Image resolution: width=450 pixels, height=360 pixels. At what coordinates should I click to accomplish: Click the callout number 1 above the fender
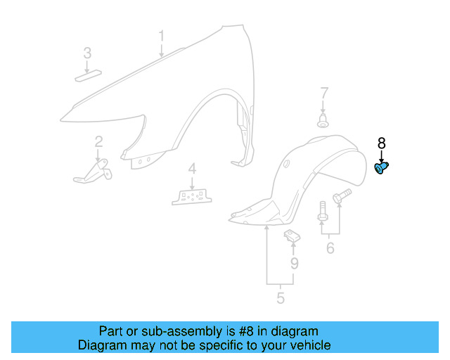[x=162, y=36]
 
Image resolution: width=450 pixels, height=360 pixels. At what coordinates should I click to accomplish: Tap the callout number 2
[x=98, y=142]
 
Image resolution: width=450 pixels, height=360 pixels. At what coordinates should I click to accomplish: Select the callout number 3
[x=87, y=53]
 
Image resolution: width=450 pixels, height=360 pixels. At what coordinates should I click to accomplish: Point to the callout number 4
[x=192, y=169]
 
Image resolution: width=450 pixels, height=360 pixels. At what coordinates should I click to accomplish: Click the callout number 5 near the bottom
[x=281, y=297]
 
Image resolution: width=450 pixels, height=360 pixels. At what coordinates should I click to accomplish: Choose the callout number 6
[x=330, y=248]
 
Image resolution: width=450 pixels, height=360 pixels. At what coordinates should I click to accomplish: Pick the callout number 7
[x=324, y=94]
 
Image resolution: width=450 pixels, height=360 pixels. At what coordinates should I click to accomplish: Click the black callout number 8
[x=381, y=143]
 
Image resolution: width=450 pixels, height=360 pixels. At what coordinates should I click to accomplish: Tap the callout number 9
[x=295, y=264]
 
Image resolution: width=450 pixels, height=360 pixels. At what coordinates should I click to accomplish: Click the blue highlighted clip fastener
[x=381, y=168]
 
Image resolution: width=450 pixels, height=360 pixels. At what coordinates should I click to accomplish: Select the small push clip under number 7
[x=323, y=121]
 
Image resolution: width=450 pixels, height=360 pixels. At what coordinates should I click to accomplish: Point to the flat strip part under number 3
[x=88, y=75]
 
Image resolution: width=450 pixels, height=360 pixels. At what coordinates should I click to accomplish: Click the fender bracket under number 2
[x=93, y=172]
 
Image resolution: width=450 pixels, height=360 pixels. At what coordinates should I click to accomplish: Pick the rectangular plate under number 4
[x=192, y=197]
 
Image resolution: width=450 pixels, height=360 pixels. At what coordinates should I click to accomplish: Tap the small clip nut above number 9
[x=292, y=236]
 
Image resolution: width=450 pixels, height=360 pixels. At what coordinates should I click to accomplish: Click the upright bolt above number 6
[x=323, y=211]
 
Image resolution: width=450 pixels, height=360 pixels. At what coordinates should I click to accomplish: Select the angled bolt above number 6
[x=342, y=195]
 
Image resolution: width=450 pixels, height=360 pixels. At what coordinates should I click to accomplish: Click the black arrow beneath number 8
[x=381, y=157]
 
